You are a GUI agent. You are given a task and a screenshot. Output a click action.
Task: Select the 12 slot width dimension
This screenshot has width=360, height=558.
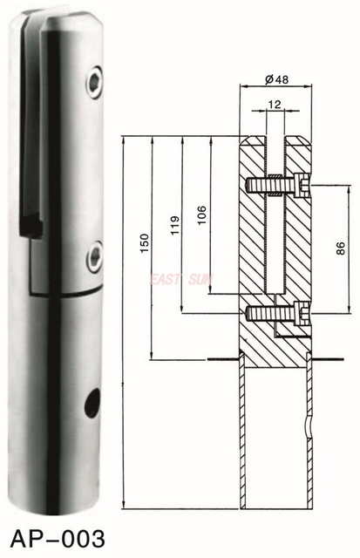coord(275,104)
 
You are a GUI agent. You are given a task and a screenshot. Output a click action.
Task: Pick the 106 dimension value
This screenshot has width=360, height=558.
coord(201,214)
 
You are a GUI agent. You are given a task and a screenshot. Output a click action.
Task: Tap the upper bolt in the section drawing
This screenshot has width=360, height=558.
coord(277,185)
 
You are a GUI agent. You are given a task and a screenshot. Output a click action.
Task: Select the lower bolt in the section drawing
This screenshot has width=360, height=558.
coord(277,312)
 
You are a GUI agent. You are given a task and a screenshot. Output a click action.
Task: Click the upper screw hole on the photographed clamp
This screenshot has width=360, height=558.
coord(92,84)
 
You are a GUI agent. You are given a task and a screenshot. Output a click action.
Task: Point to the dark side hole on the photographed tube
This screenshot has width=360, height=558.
coord(92,403)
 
